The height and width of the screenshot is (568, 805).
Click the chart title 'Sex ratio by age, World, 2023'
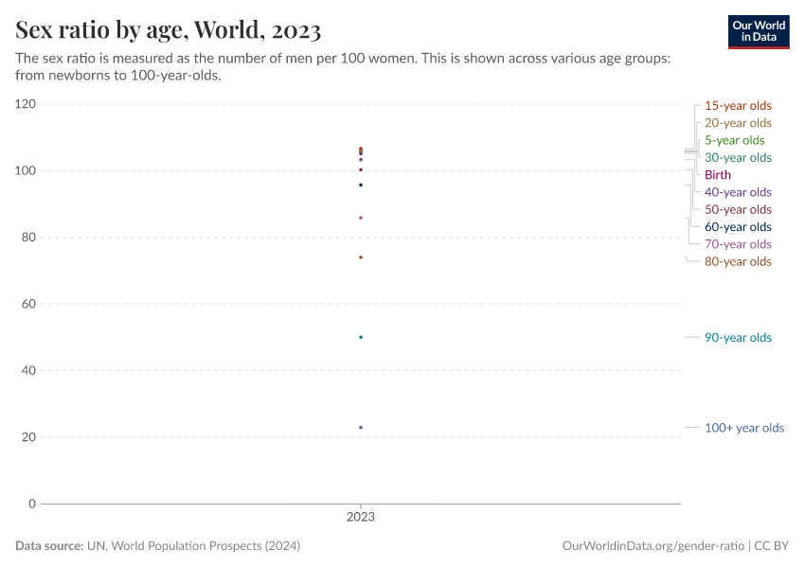tap(169, 30)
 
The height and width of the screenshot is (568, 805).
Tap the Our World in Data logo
tap(758, 31)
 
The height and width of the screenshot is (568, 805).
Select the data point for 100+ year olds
tap(361, 427)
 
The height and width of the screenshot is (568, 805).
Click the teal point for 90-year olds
tap(361, 337)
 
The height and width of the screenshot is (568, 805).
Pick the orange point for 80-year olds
tap(361, 257)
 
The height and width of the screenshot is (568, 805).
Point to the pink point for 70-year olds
tap(361, 218)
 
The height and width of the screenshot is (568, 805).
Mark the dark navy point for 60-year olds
tap(361, 185)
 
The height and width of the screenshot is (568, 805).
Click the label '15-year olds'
tap(738, 105)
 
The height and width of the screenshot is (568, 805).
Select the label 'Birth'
tap(718, 175)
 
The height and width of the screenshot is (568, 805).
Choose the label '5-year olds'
tap(734, 140)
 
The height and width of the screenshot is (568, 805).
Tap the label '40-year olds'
tap(738, 192)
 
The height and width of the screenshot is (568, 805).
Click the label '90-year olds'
tap(738, 338)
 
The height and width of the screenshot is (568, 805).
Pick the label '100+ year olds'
tap(743, 428)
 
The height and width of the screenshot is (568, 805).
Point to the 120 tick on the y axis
tap(26, 104)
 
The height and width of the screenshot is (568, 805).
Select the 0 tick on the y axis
tap(32, 504)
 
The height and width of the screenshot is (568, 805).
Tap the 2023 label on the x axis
tap(361, 518)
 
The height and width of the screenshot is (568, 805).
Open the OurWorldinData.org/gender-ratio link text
tap(653, 546)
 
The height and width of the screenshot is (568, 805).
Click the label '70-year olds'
tap(738, 244)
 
